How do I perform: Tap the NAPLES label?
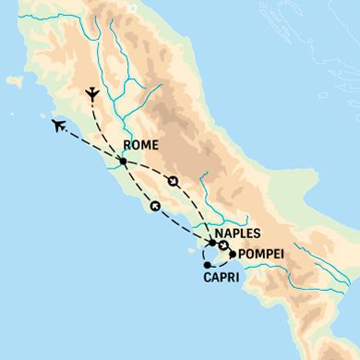pyautogui.click(x=238, y=234)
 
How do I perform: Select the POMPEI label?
pyautogui.click(x=261, y=254)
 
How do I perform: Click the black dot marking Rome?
pyautogui.click(x=123, y=162)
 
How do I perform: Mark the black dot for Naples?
pyautogui.click(x=212, y=243)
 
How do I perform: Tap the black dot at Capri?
pyautogui.click(x=207, y=266)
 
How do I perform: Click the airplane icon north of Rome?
pyautogui.click(x=91, y=94)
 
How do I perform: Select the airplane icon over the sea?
pyautogui.click(x=59, y=125)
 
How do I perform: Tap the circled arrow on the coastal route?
pyautogui.click(x=155, y=205)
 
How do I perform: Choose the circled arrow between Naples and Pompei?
pyautogui.click(x=223, y=245)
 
